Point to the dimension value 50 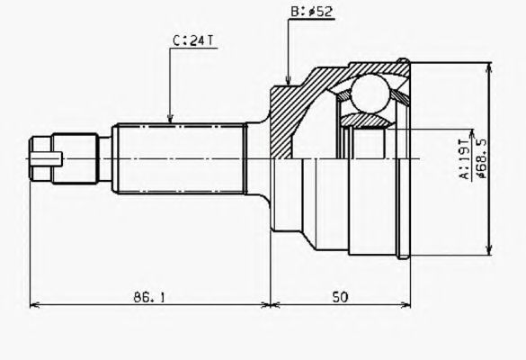pos(341,294)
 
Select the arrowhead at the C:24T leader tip pos(172,119)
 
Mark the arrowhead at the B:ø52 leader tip pos(286,83)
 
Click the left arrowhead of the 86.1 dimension pos(34,305)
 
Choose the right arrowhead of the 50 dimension pos(410,305)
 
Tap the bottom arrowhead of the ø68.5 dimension pos(489,253)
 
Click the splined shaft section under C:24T pos(180,159)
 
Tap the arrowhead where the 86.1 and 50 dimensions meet pos(270,305)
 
